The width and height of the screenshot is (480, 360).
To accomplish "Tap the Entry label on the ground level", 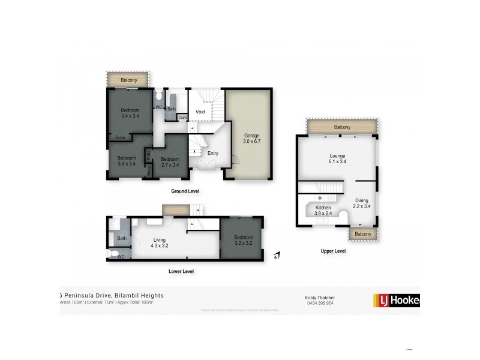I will point(213,154).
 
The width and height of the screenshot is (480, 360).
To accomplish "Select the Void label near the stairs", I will point(200,111).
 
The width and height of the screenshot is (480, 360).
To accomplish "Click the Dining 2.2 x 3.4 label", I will point(362,204).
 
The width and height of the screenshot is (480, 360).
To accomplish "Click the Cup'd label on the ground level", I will point(183,117).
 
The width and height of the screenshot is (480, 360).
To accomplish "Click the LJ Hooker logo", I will point(396,300).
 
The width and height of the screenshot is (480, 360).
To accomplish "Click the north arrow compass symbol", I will point(275,256).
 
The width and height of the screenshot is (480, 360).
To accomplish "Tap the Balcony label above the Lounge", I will point(342,127).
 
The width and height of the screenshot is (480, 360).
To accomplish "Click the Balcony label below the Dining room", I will point(362,233).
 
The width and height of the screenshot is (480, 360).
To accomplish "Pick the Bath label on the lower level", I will point(122,238).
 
